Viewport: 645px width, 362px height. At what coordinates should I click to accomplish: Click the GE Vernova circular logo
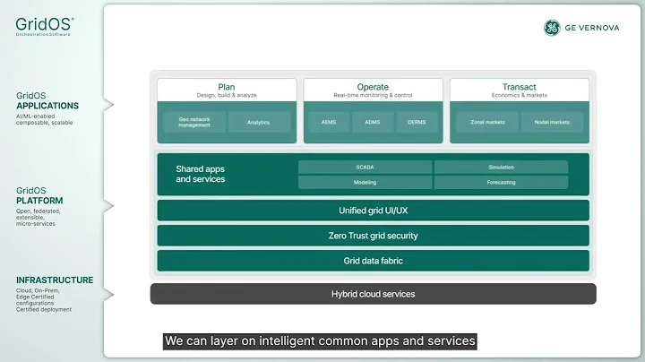pos(552,28)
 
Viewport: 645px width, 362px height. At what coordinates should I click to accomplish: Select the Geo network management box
pos(193,123)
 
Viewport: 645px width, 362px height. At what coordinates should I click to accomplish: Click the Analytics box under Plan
pos(258,123)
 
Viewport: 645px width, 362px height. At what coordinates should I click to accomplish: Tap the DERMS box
pos(417,123)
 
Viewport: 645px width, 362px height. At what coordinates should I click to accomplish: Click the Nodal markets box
pos(553,123)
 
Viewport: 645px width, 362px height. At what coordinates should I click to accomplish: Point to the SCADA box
pos(365,167)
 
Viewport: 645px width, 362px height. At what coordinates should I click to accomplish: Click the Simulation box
pos(501,167)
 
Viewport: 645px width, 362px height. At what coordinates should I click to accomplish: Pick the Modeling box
pos(365,183)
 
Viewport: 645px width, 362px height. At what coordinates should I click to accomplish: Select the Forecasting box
pos(501,183)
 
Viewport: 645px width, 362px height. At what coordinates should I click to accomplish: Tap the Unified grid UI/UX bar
pos(373,211)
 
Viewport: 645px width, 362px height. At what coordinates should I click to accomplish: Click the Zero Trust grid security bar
pos(373,236)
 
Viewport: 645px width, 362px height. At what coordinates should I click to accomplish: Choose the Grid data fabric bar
pos(373,261)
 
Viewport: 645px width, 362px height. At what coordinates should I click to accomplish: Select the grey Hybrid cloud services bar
pos(373,294)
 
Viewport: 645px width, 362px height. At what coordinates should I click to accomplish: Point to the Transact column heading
pos(519,88)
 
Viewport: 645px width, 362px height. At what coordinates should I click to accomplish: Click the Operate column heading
pos(373,88)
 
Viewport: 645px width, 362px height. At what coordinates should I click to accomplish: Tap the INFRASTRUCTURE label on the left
pos(54,280)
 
